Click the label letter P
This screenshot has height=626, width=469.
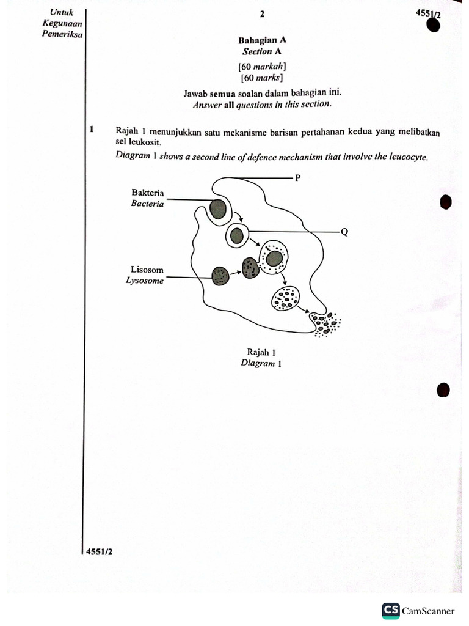(x=299, y=178)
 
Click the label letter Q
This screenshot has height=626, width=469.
(x=344, y=232)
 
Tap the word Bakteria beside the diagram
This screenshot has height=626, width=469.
(x=147, y=193)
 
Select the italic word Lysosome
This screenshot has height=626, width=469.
(x=145, y=281)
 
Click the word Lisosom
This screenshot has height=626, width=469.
(x=147, y=270)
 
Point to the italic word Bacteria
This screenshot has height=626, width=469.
(x=147, y=204)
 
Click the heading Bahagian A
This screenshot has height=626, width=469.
(x=262, y=40)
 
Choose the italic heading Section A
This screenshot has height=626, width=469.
(x=262, y=52)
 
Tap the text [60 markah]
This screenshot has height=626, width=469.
(x=262, y=66)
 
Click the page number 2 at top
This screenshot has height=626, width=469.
(x=262, y=14)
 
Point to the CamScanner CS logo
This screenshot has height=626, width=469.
(x=391, y=610)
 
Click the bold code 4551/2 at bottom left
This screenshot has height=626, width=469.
(x=99, y=551)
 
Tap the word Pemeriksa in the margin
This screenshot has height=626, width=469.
(x=62, y=34)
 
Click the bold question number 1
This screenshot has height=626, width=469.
(x=91, y=130)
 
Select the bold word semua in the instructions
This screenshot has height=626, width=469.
(x=223, y=94)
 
